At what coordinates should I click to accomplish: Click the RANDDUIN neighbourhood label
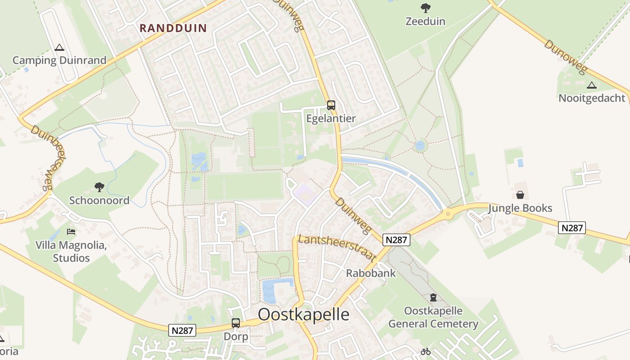[x=173, y=28]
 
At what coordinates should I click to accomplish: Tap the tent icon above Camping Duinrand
[x=59, y=47]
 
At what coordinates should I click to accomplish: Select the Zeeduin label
[x=425, y=21]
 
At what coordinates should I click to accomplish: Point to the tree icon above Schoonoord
[x=99, y=187]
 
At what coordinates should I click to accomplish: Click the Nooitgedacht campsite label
[x=592, y=98]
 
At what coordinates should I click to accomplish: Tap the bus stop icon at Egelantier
[x=331, y=105]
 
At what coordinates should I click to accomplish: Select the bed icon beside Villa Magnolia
[x=71, y=232]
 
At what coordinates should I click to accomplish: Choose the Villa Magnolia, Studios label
[x=71, y=252]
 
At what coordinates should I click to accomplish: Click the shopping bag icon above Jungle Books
[x=520, y=195]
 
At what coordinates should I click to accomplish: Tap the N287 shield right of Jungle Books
[x=572, y=228]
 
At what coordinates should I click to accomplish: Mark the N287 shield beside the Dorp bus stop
[x=183, y=330]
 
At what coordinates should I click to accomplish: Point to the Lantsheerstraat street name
[x=337, y=247]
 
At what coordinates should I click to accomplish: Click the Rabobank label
[x=371, y=273]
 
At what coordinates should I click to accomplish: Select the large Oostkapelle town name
[x=304, y=314]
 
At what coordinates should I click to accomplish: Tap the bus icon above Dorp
[x=236, y=323]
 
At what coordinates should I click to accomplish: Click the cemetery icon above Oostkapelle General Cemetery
[x=433, y=297]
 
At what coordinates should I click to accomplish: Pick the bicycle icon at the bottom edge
[x=426, y=351]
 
